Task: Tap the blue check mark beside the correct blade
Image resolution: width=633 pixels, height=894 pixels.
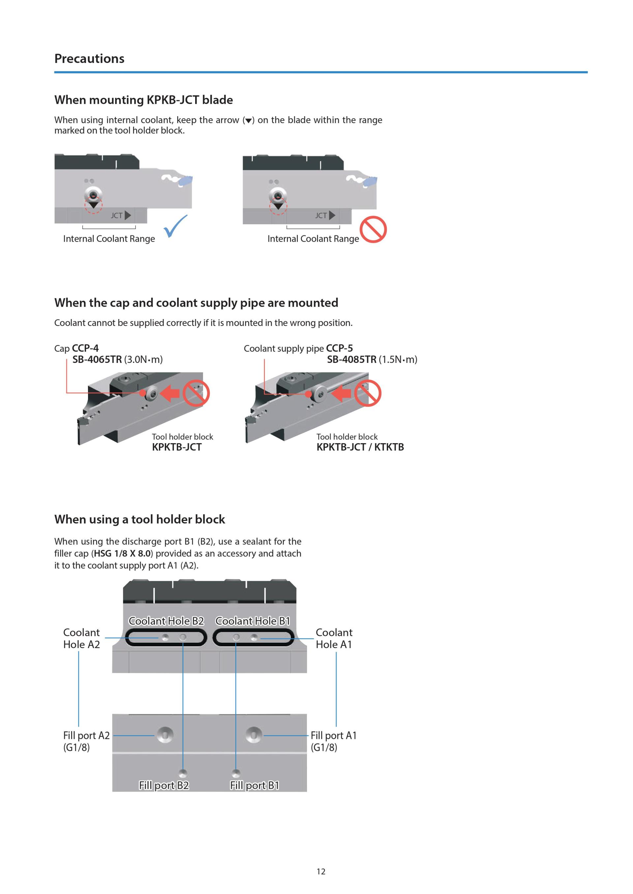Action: [x=175, y=226]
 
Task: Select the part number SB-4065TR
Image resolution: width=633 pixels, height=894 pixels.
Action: [x=97, y=359]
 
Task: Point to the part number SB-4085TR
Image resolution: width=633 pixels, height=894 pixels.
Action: [x=351, y=359]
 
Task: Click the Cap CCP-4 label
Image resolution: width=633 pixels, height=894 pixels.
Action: [x=76, y=348]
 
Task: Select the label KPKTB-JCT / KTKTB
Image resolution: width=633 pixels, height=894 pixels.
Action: [x=360, y=447]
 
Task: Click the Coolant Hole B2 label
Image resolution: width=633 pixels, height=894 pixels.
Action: [x=166, y=621]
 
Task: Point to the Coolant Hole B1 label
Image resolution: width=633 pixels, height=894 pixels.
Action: [x=253, y=621]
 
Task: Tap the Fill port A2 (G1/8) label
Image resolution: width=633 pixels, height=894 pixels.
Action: [x=86, y=741]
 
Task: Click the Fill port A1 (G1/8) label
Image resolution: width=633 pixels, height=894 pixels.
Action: [x=333, y=741]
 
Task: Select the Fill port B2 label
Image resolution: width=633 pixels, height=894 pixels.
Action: [x=164, y=785]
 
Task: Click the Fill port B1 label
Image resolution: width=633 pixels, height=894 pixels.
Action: [x=255, y=785]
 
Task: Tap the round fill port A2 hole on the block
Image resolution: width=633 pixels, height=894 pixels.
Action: [x=165, y=735]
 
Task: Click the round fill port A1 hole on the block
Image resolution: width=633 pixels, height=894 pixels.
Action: [x=254, y=735]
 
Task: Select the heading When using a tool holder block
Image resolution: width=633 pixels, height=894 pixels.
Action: [x=139, y=519]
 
